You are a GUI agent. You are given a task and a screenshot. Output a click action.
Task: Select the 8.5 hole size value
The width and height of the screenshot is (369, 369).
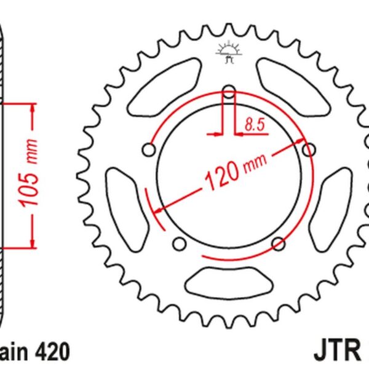pos(254,125)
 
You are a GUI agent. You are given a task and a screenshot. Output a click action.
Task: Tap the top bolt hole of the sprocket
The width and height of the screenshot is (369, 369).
pos(228,93)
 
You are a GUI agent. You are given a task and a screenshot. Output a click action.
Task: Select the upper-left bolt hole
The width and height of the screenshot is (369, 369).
pos(148,149)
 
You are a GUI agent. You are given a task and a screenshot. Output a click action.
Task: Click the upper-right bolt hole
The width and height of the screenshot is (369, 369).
pos(309,149)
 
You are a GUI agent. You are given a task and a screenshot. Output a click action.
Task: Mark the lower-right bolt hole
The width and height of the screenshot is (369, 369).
pos(278,244)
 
